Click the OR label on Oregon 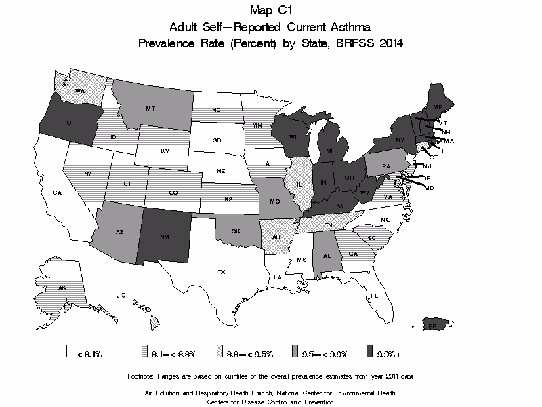click(x=70, y=123)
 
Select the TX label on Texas click(x=221, y=272)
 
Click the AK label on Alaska click(x=62, y=288)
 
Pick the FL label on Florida click(x=374, y=295)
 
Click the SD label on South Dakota click(x=217, y=141)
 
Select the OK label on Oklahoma click(x=236, y=231)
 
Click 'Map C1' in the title click(x=271, y=10)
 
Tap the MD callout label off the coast click(x=429, y=187)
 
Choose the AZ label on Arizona click(x=119, y=232)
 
